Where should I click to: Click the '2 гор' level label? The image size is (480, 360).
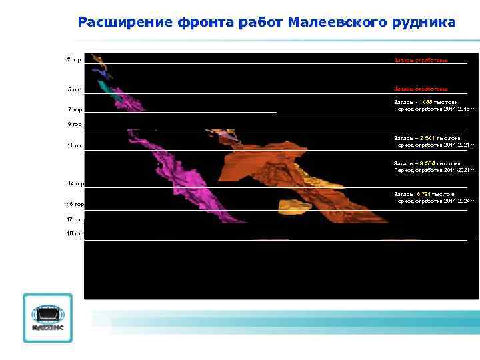(x=74, y=60)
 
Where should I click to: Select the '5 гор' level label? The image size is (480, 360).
(x=74, y=89)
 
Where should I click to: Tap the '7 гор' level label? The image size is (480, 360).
(x=74, y=110)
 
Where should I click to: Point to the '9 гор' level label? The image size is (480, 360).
(x=74, y=125)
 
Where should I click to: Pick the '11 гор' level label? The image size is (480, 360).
(x=75, y=146)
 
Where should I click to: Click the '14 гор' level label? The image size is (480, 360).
(x=75, y=183)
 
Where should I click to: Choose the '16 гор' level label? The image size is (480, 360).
(x=75, y=205)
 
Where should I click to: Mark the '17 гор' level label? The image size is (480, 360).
(x=75, y=219)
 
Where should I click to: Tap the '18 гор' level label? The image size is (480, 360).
(x=75, y=234)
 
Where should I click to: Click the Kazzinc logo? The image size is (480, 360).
(x=47, y=318)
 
